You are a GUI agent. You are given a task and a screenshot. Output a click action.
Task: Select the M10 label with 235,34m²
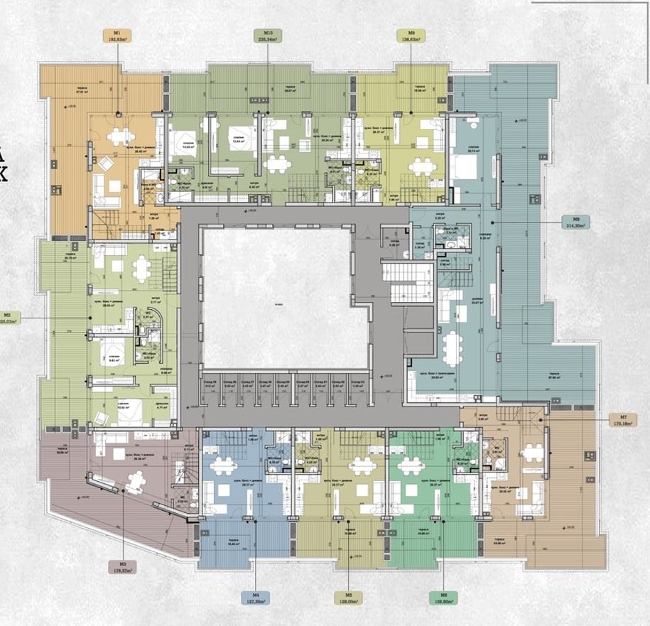click(268, 36)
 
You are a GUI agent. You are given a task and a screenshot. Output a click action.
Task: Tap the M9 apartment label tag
click(411, 36)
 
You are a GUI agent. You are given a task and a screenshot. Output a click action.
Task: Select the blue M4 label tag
click(259, 599)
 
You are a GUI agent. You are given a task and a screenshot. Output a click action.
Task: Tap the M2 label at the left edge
click(9, 318)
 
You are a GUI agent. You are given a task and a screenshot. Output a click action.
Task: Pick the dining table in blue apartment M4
click(224, 466)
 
